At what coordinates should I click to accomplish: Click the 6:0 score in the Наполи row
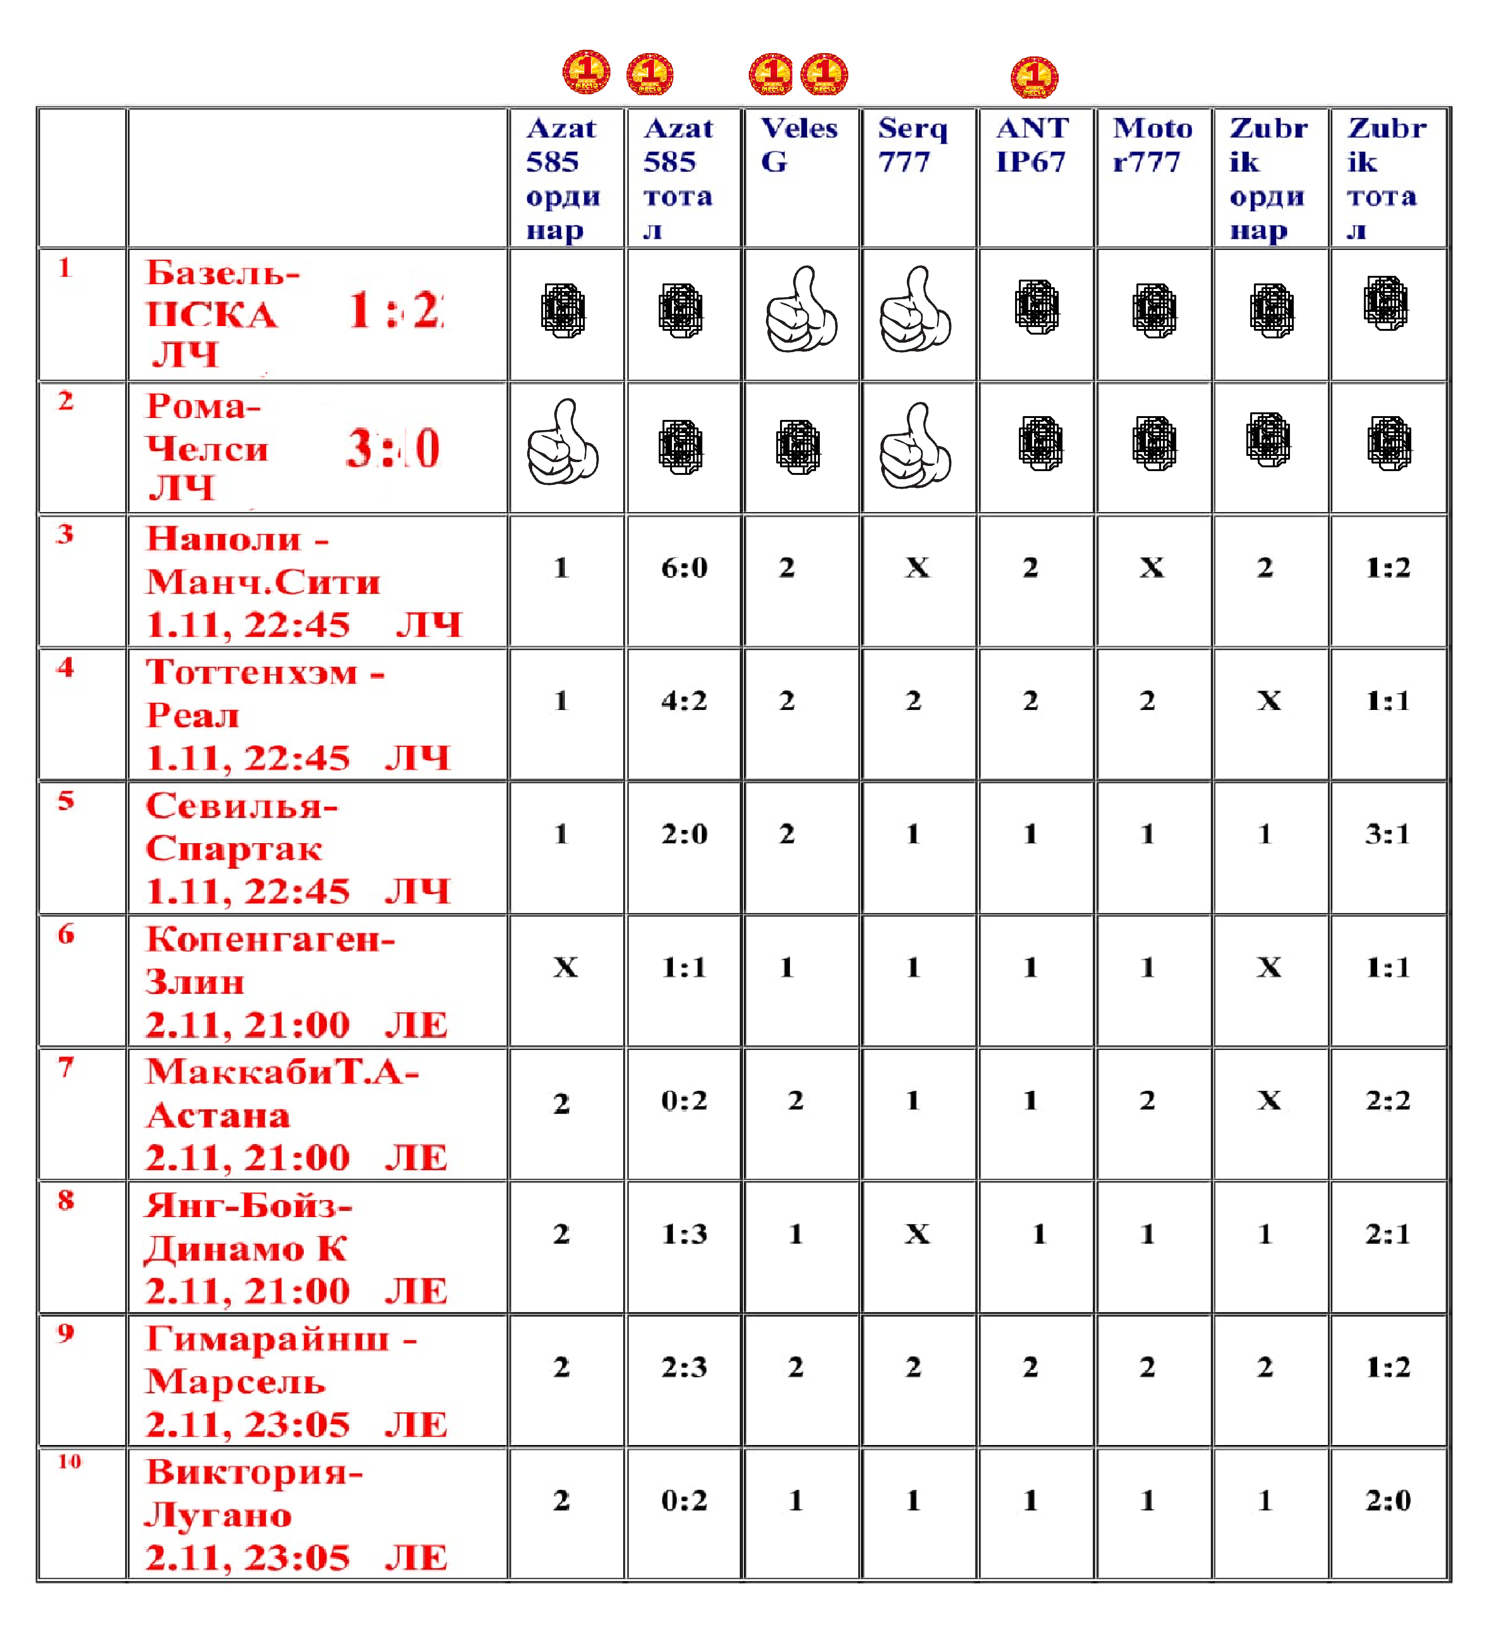[x=684, y=567]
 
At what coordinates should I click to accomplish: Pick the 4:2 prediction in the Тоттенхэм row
[x=684, y=700]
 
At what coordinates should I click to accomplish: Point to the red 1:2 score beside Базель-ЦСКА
[x=396, y=311]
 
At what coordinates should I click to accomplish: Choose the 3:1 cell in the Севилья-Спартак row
[x=1388, y=834]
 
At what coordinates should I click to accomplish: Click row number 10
[x=69, y=1462]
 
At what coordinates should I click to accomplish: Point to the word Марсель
[x=235, y=1382]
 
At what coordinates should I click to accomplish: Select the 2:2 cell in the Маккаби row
[x=1388, y=1100]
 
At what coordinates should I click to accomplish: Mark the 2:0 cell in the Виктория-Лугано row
[x=1388, y=1500]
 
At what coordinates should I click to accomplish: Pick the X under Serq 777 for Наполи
[x=917, y=567]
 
